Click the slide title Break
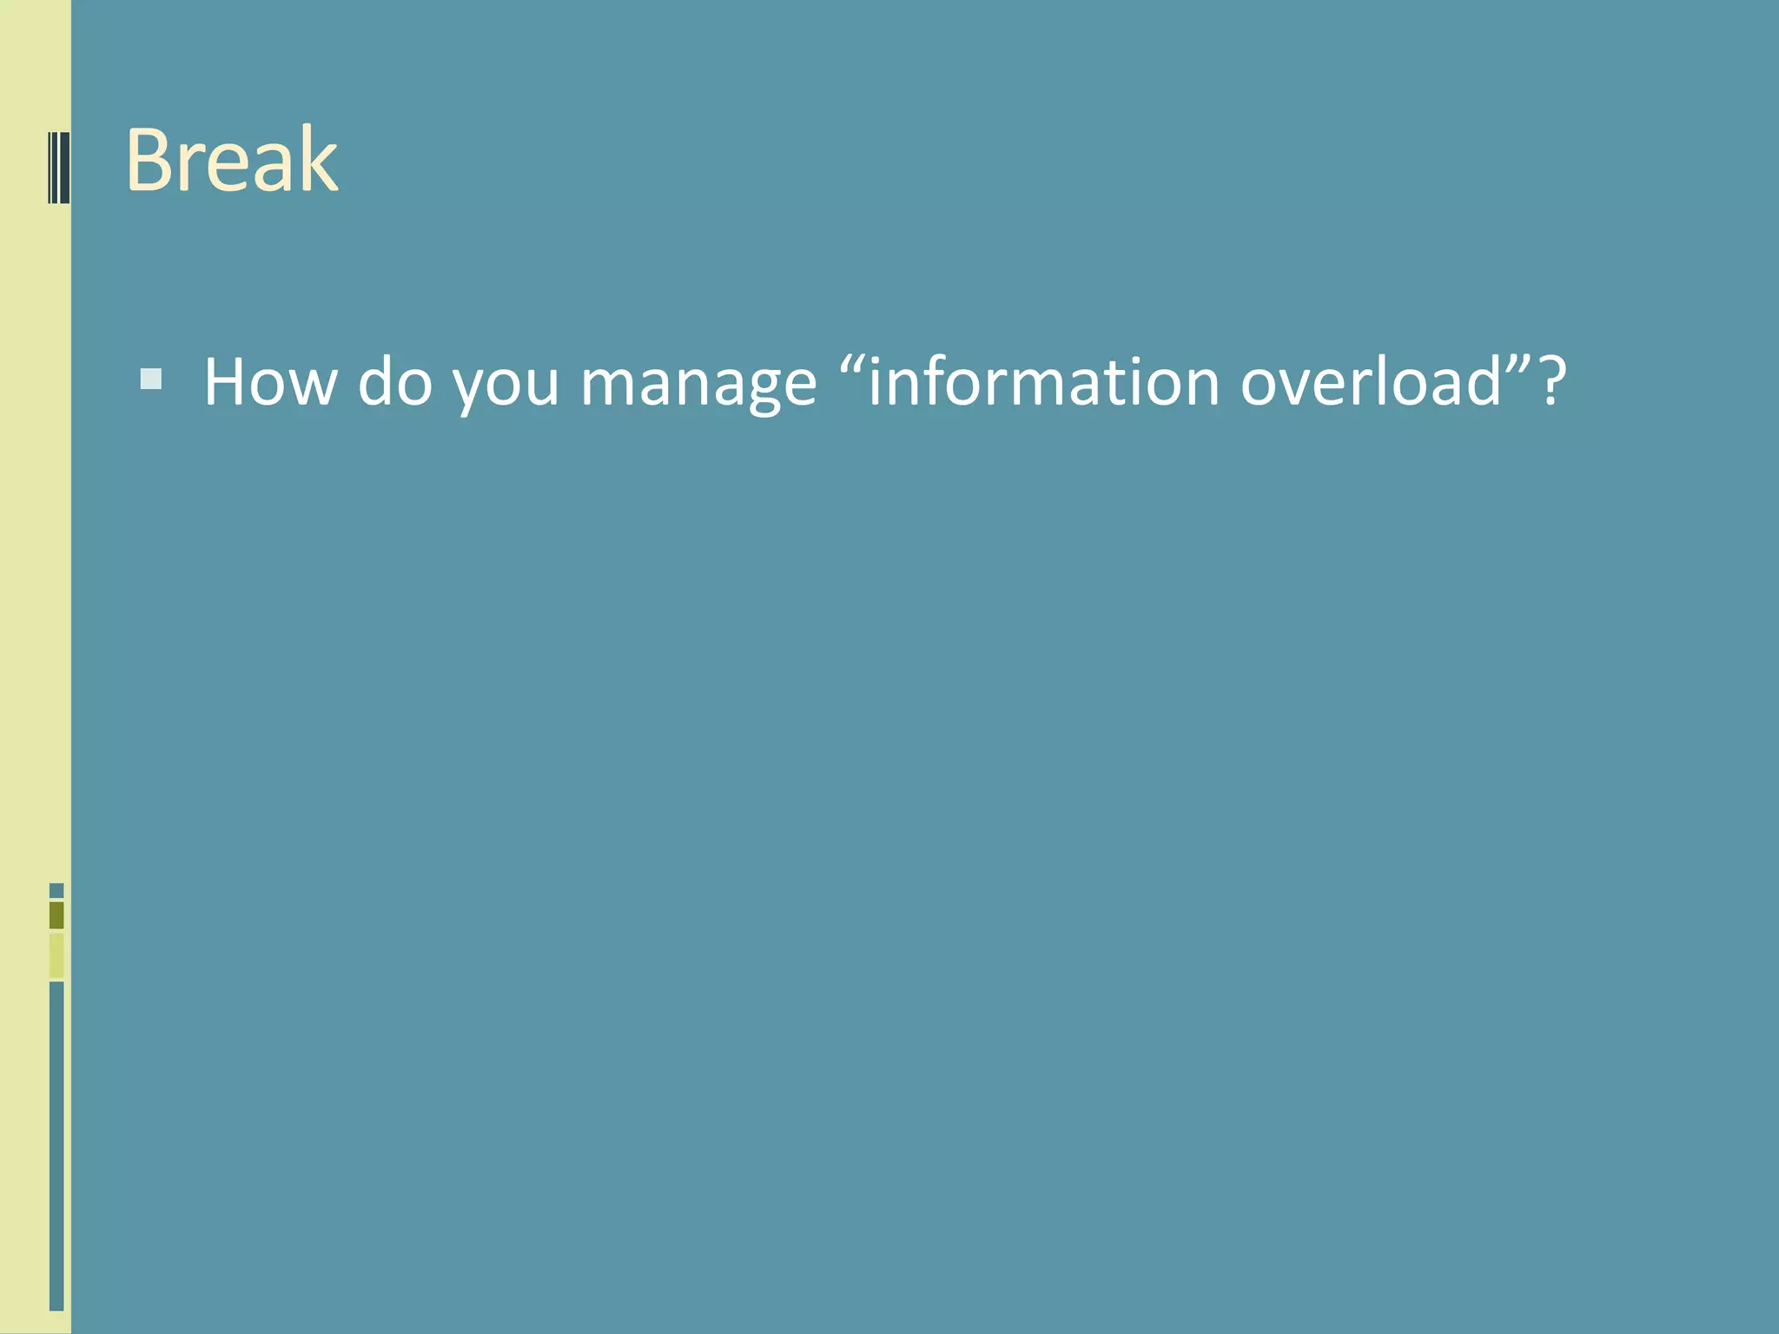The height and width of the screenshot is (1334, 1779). pos(232,161)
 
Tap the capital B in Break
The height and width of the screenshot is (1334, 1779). pos(153,161)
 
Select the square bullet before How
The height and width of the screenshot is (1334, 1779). pos(151,380)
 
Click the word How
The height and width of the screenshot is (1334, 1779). pos(270,382)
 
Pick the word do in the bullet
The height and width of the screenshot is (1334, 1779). pos(395,382)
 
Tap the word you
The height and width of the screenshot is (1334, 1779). pos(506,386)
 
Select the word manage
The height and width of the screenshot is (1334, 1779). pos(698,386)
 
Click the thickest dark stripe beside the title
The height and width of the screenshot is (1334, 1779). pos(64,168)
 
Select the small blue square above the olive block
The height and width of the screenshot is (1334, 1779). pos(56,890)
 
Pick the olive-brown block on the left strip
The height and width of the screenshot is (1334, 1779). pos(56,915)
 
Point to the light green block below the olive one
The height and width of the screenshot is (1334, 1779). pos(56,954)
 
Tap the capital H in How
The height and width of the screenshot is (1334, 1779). pos(228,382)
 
